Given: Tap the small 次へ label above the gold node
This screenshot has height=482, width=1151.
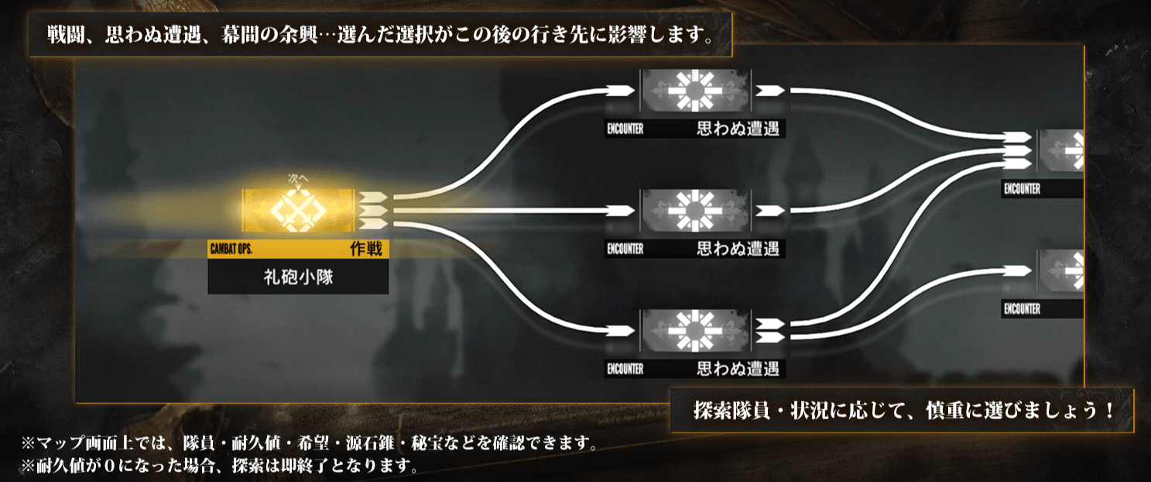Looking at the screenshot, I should tap(298, 178).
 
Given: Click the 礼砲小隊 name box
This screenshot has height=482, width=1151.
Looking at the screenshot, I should tap(298, 277).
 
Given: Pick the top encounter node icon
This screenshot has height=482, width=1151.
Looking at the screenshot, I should tap(694, 91).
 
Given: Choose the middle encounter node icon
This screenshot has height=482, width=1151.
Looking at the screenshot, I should tap(694, 211).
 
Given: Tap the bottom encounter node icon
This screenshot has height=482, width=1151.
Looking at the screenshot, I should tap(694, 331).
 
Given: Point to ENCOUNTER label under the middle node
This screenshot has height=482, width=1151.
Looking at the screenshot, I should tap(625, 250).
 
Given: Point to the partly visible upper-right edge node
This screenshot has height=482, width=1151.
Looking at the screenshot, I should tap(1060, 150).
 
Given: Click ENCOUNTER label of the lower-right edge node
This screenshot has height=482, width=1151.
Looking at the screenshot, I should tap(1022, 309).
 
